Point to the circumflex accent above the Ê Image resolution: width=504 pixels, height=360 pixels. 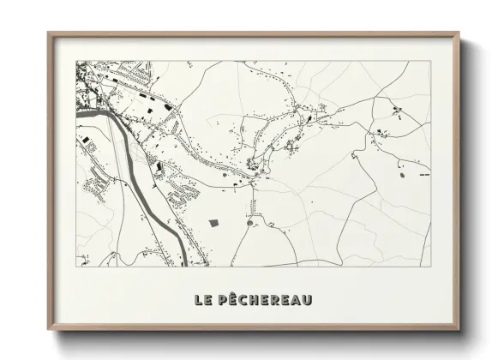tap(235, 294)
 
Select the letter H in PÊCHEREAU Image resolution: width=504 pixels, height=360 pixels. tap(255, 300)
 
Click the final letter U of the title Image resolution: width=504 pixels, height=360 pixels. tap(307, 300)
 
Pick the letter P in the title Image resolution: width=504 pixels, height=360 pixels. tap(224, 300)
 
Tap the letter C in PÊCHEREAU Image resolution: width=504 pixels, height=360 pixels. tap(244, 300)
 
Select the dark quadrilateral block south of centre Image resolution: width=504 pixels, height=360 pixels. tap(214, 223)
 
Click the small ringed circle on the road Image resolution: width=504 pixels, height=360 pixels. tap(249, 223)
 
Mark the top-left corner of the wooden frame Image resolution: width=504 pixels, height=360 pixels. tap(49, 33)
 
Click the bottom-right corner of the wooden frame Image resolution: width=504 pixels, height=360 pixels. tap(459, 329)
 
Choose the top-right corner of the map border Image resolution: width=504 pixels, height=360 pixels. tap(429, 61)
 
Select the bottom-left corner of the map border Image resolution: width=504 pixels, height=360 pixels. tap(76, 266)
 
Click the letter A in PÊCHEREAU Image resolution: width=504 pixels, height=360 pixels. tap(296, 300)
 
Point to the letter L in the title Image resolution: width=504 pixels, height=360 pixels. tap(199, 300)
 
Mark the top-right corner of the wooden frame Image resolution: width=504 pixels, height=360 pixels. tap(459, 33)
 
